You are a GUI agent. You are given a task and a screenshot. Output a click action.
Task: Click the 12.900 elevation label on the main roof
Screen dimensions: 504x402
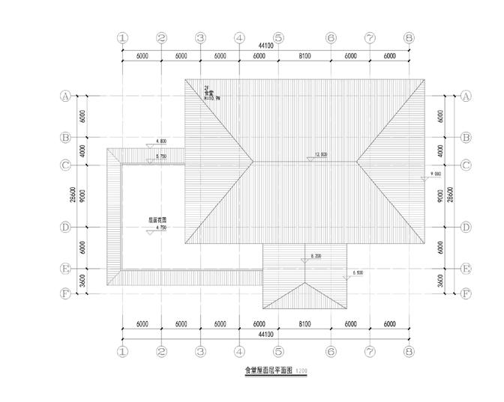pos(321,154)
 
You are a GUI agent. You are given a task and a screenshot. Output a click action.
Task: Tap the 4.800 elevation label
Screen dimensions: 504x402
pos(160,141)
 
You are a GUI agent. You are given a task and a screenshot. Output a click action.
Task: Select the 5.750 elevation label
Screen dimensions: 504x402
pos(160,156)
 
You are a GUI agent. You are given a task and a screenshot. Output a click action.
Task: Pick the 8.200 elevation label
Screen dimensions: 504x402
pos(316,256)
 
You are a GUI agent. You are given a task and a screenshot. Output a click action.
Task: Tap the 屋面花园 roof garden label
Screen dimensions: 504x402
pos(157,220)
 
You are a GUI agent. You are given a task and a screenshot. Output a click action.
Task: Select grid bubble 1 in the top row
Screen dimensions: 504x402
pos(123,37)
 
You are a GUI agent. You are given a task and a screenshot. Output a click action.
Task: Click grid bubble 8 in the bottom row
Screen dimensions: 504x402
pos(409,350)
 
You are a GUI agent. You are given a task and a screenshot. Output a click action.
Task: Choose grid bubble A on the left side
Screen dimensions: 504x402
pos(65,96)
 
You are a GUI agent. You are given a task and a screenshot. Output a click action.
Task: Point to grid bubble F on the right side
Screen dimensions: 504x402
pos(466,293)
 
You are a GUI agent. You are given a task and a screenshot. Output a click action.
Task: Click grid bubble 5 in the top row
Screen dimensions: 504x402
pos(277,37)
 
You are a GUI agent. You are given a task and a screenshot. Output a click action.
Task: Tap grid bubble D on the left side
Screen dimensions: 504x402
pos(65,227)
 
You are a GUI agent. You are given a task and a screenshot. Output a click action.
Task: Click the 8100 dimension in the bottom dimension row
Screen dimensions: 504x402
pos(304,324)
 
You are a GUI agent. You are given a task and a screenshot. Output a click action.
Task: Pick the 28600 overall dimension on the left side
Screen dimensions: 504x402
pos(73,195)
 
